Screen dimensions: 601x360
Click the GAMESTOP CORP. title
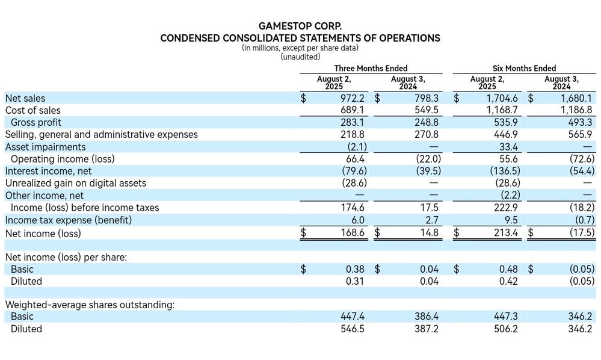pyautogui.click(x=300, y=26)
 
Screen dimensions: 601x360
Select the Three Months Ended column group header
pyautogui.click(x=371, y=68)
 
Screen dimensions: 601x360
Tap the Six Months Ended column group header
pyautogui.click(x=524, y=68)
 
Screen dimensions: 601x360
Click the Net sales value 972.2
pyautogui.click(x=353, y=99)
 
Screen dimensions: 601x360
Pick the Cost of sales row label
pyautogui.click(x=33, y=110)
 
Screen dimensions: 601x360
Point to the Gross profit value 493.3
pyautogui.click(x=580, y=123)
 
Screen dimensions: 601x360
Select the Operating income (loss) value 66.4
pyautogui.click(x=355, y=159)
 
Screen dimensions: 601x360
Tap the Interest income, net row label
pyautogui.click(x=48, y=171)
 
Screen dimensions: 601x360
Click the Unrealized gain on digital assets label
pyautogui.click(x=76, y=183)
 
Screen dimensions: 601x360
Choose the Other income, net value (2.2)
pyautogui.click(x=510, y=195)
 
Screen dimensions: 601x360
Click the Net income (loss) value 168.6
pyautogui.click(x=353, y=233)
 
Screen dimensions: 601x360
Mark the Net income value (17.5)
pyautogui.click(x=582, y=233)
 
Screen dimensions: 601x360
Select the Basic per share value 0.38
pyautogui.click(x=355, y=269)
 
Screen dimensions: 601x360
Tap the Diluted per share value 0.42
pyautogui.click(x=508, y=281)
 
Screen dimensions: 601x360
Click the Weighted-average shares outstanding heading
pyautogui.click(x=90, y=305)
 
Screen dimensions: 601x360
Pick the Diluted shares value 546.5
pyautogui.click(x=353, y=329)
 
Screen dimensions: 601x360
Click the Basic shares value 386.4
pyautogui.click(x=426, y=317)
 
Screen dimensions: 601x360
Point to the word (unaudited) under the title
pyautogui.click(x=300, y=57)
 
